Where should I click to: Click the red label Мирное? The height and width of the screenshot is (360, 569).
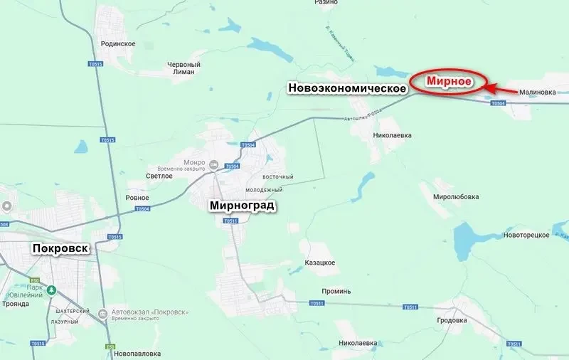[450, 81]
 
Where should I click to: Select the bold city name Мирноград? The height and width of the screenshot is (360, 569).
[242, 206]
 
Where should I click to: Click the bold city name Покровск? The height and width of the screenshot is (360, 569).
[60, 248]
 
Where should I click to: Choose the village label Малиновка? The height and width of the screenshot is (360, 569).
[537, 92]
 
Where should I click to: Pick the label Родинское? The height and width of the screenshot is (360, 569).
[119, 43]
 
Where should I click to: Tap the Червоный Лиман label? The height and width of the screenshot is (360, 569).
[184, 68]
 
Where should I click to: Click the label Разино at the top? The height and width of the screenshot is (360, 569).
[326, 3]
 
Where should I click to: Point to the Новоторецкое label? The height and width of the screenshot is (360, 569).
[526, 235]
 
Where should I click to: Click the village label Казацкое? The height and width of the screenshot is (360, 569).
[319, 263]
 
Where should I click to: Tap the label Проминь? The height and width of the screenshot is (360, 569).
[336, 291]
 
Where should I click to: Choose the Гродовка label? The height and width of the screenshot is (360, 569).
[452, 319]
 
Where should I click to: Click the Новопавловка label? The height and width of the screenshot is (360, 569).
[137, 354]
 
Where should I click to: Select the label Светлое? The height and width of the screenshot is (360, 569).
[160, 176]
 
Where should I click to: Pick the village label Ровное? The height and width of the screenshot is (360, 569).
[137, 198]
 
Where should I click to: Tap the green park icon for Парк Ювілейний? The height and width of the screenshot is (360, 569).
[51, 290]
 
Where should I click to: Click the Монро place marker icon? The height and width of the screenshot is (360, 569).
[213, 166]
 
